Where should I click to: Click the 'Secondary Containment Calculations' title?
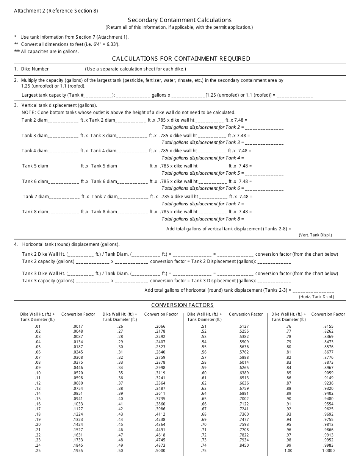coord(180,20)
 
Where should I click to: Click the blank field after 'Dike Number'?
coord(66,70)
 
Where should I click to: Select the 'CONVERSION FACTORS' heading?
coord(182,305)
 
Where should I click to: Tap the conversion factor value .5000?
coord(160,451)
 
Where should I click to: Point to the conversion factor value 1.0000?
coord(328,451)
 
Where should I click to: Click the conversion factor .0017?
coord(78,326)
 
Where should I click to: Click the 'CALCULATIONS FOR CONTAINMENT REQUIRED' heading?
coord(181,58)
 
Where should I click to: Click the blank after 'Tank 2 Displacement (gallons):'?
coord(274,262)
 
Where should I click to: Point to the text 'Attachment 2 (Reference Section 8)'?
coord(56,11)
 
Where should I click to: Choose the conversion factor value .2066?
coord(160,326)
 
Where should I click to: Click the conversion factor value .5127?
coord(244,326)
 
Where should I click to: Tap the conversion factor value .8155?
coord(328,326)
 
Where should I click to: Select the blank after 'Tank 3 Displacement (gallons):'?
coord(274,281)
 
